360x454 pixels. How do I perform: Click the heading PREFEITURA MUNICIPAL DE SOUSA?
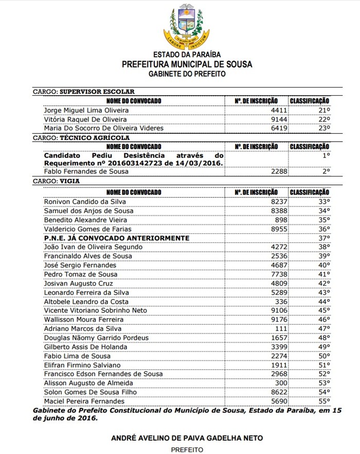tap(187, 64)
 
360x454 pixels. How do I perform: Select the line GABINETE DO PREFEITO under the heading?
tap(187, 74)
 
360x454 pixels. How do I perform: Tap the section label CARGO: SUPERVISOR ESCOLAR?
tap(84, 91)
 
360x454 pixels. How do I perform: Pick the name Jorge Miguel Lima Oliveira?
tap(86, 110)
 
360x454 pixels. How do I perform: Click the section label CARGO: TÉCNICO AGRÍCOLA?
tap(81, 138)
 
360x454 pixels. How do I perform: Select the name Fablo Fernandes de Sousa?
tap(86, 171)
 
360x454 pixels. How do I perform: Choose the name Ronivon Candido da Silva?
tap(85, 201)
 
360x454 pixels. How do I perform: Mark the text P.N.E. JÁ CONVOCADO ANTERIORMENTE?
tap(117, 238)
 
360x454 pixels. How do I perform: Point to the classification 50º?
tap(323, 356)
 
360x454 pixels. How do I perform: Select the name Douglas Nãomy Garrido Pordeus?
tap(96, 338)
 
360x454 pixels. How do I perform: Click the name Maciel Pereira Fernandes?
tap(84, 401)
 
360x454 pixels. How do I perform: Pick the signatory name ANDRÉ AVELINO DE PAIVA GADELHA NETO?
tap(187, 438)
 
